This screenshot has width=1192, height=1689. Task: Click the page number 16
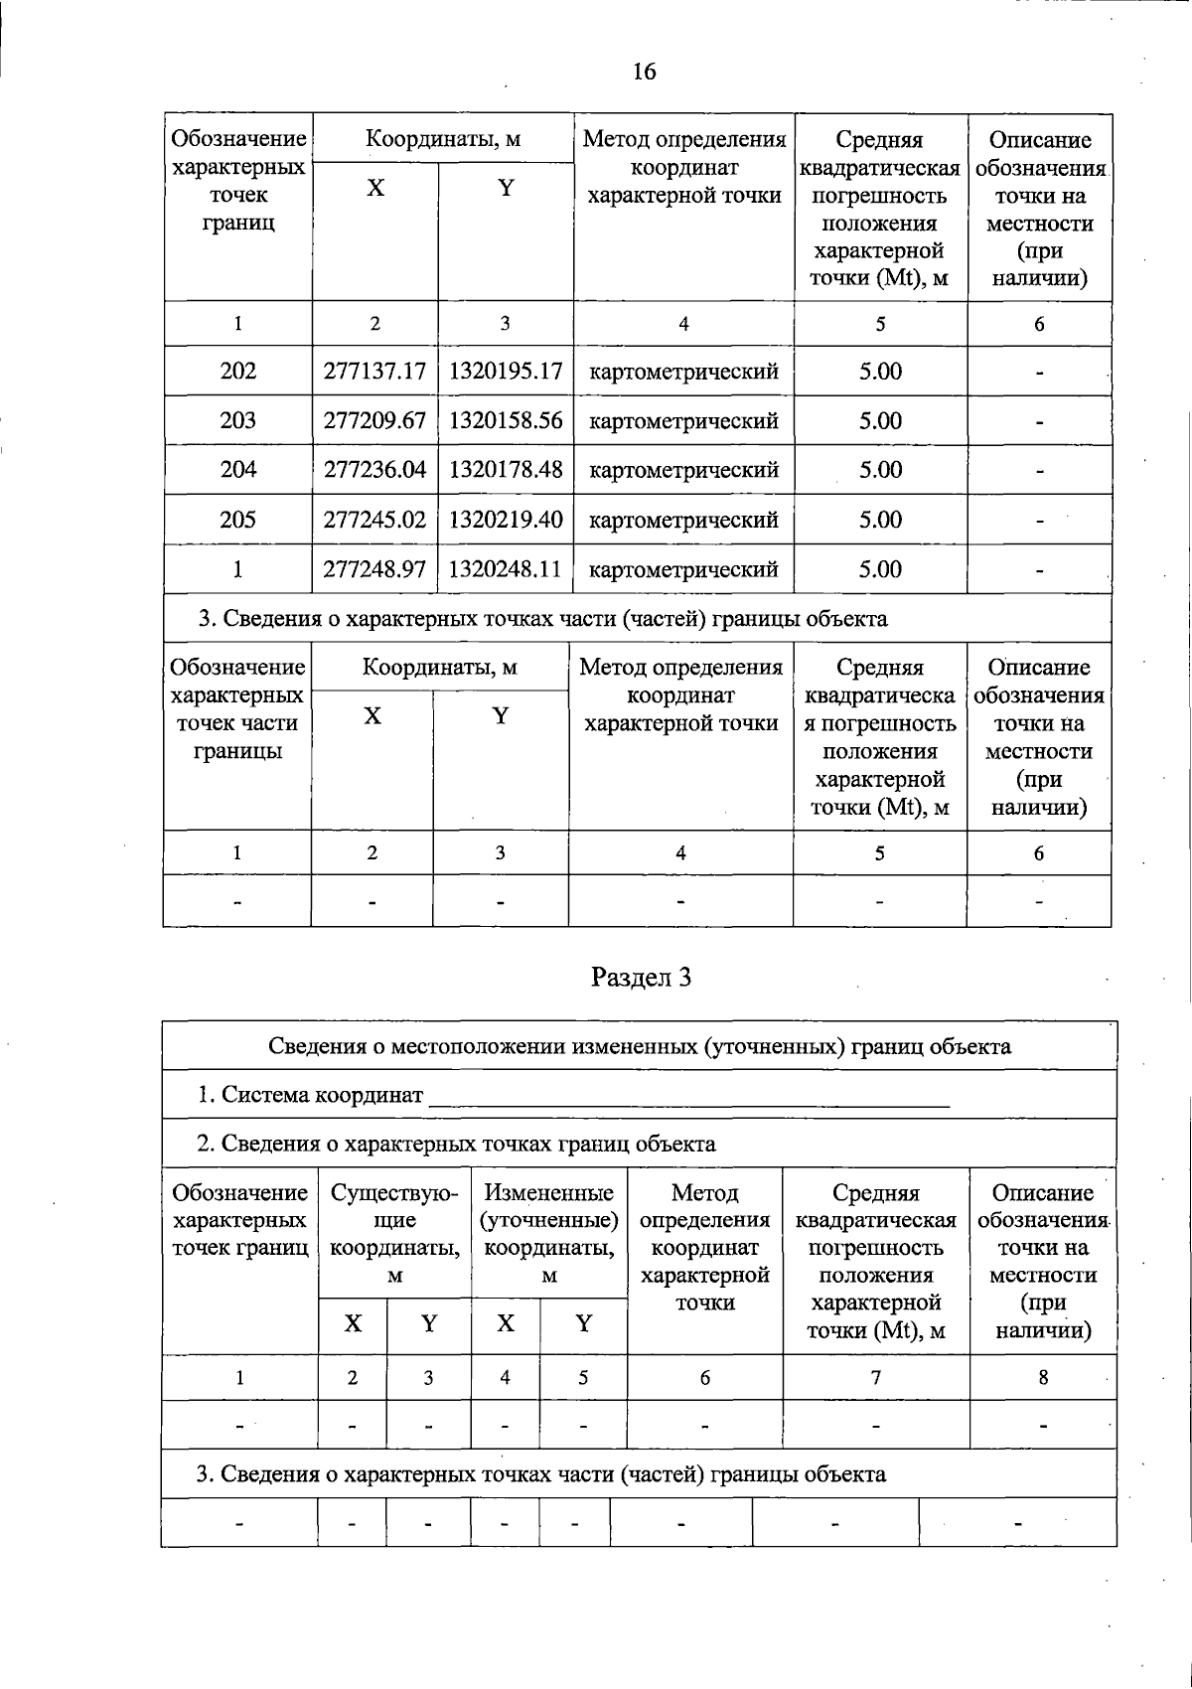(x=644, y=72)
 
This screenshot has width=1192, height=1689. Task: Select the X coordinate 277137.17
(x=374, y=372)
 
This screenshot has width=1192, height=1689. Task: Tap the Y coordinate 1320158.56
(x=506, y=420)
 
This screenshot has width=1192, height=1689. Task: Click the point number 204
(x=237, y=470)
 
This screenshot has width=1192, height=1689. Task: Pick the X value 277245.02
(x=374, y=520)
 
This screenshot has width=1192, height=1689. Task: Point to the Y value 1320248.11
(x=506, y=569)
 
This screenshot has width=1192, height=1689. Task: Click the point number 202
(x=237, y=372)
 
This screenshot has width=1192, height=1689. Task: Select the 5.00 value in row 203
(x=880, y=420)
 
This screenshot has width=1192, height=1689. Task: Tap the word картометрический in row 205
(x=683, y=520)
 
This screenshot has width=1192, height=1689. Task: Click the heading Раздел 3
(x=641, y=978)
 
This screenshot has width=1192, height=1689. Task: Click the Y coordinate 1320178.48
(x=506, y=470)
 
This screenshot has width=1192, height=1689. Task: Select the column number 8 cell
(x=1043, y=1378)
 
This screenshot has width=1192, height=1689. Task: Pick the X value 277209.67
(x=374, y=420)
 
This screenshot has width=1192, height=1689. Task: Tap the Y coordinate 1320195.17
(x=506, y=372)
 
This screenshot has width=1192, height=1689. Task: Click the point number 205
(x=237, y=520)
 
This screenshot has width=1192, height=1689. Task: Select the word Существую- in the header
(x=394, y=1193)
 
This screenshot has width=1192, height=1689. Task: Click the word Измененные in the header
(x=549, y=1193)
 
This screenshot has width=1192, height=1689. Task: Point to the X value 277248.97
(x=374, y=569)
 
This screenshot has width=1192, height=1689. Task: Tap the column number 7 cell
(x=875, y=1378)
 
